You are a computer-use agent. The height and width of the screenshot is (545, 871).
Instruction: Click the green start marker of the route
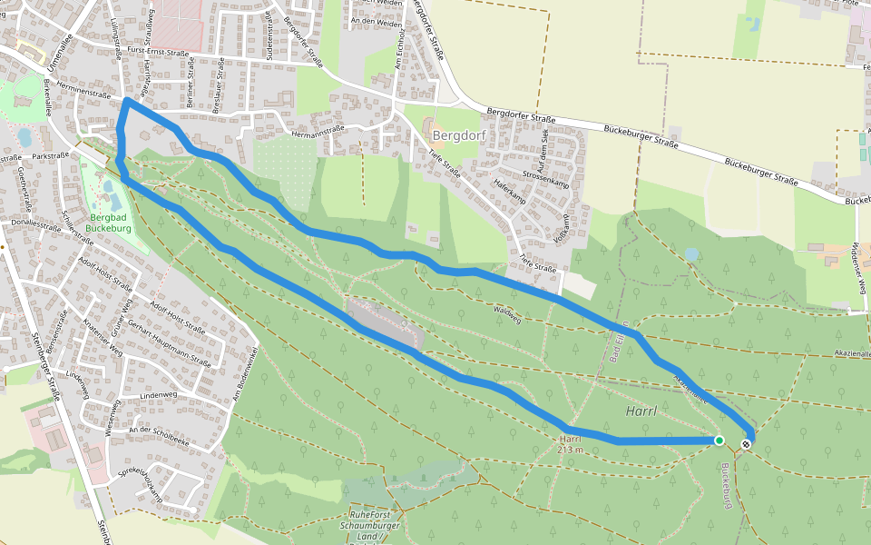(719, 441)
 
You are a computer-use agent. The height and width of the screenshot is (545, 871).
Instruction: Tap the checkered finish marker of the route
(746, 444)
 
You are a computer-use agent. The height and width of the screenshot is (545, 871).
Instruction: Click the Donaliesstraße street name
(34, 222)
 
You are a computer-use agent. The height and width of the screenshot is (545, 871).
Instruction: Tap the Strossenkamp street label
(545, 178)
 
